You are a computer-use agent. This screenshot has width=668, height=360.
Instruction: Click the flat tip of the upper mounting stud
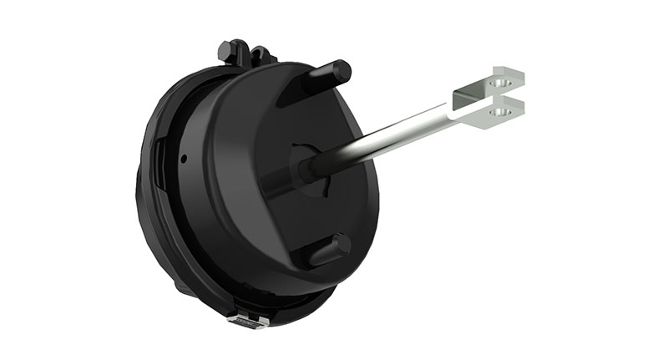343,66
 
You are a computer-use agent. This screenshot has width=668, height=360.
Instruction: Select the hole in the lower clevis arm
500,109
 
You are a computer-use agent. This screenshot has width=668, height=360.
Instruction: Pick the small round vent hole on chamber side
183,156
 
